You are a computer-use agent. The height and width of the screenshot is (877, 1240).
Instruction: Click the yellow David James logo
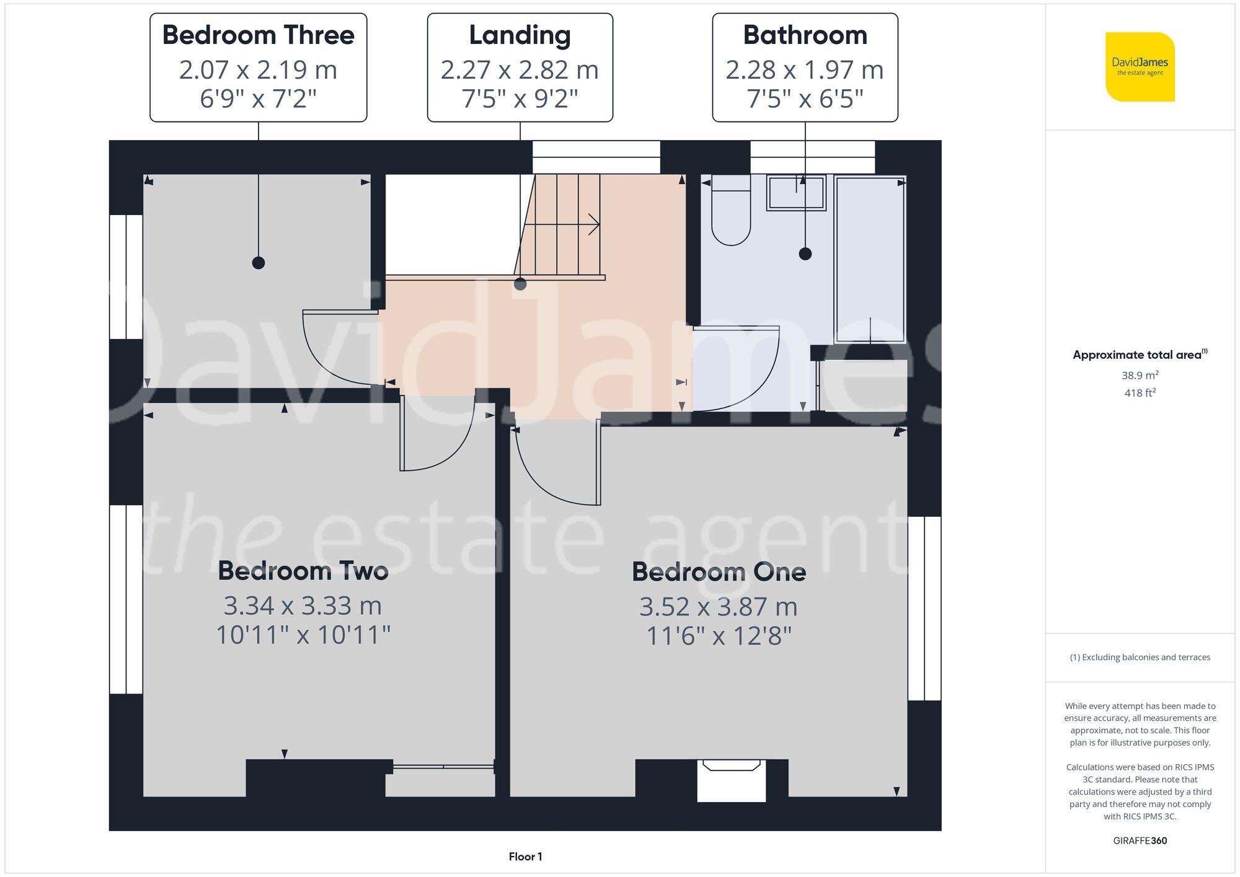[1140, 67]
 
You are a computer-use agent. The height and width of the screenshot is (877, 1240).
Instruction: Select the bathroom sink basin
[796, 193]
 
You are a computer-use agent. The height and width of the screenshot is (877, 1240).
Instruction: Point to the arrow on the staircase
[592, 224]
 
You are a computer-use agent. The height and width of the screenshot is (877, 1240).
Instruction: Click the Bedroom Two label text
[303, 571]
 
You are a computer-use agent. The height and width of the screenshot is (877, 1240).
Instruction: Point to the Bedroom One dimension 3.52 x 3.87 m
[718, 607]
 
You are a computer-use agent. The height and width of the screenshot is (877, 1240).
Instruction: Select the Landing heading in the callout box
[520, 35]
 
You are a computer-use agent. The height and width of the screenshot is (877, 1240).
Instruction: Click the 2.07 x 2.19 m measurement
[258, 69]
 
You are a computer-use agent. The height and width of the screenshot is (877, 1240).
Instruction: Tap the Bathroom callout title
[805, 35]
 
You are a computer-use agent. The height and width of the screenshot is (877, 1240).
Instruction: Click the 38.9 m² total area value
[1140, 375]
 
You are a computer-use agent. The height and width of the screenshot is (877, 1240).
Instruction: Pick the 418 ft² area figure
[1140, 392]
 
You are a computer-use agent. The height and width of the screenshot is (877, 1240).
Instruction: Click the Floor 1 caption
[525, 857]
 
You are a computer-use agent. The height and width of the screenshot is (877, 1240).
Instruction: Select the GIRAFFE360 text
[1140, 840]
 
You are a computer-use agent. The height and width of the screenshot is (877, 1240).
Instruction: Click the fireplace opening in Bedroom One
[732, 782]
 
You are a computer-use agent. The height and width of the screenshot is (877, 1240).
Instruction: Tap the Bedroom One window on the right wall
[924, 608]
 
